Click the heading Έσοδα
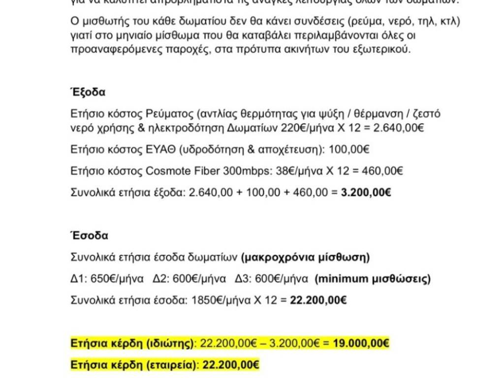pyautogui.click(x=89, y=235)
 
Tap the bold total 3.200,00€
pyautogui.click(x=366, y=192)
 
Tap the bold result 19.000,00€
pyautogui.click(x=361, y=343)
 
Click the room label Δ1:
pyautogui.click(x=79, y=279)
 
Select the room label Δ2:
pyautogui.click(x=161, y=279)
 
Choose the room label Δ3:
pyautogui.click(x=244, y=279)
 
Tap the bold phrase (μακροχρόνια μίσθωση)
pyautogui.click(x=306, y=257)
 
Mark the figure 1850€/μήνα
pyautogui.click(x=219, y=300)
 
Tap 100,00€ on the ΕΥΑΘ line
pyautogui.click(x=349, y=150)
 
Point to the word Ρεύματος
pyautogui.click(x=169, y=114)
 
